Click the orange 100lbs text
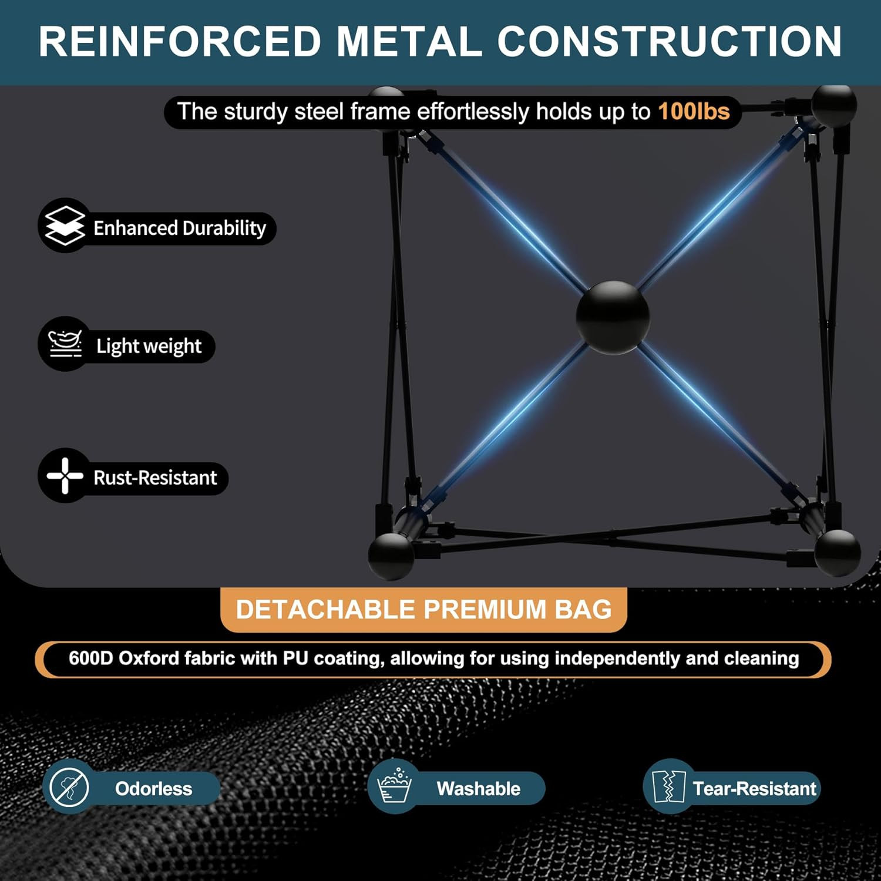(694, 112)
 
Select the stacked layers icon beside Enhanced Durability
(65, 226)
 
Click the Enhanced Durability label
(180, 228)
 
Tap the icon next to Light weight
(65, 344)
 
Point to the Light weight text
(149, 346)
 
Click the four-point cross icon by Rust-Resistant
(65, 475)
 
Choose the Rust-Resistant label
(155, 478)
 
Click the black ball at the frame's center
(613, 317)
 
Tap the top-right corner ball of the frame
(834, 106)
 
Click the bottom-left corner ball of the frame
(391, 555)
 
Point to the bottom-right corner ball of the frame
(838, 552)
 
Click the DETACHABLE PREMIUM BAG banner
(423, 610)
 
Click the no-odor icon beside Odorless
(69, 787)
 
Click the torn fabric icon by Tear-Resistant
(669, 787)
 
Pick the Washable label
(478, 789)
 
